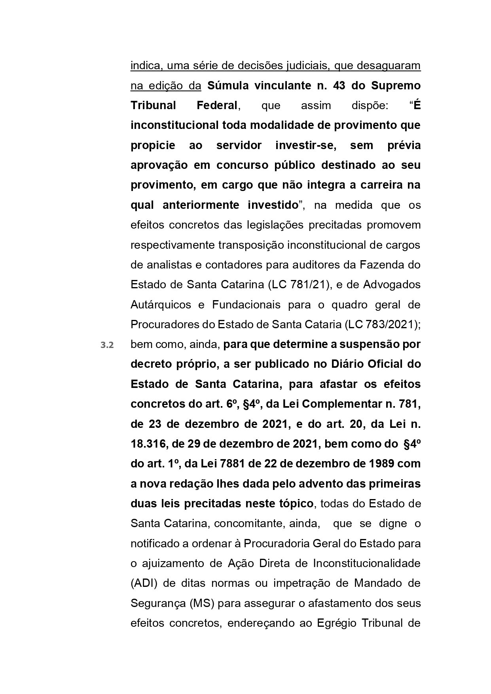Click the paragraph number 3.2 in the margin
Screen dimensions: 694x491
(107, 345)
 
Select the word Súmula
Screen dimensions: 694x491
(228, 85)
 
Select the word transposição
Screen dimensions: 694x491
(251, 245)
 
